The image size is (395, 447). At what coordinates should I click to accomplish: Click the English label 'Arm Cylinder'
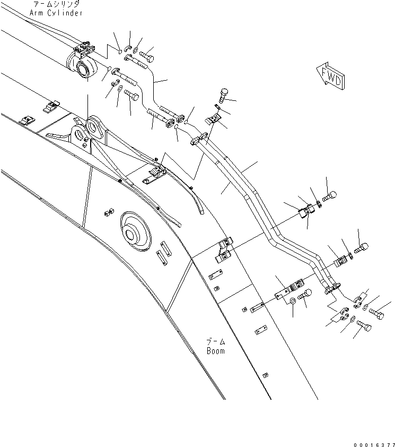[60, 13]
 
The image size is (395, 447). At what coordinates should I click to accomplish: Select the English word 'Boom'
[215, 351]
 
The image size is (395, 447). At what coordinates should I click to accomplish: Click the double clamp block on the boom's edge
[224, 250]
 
